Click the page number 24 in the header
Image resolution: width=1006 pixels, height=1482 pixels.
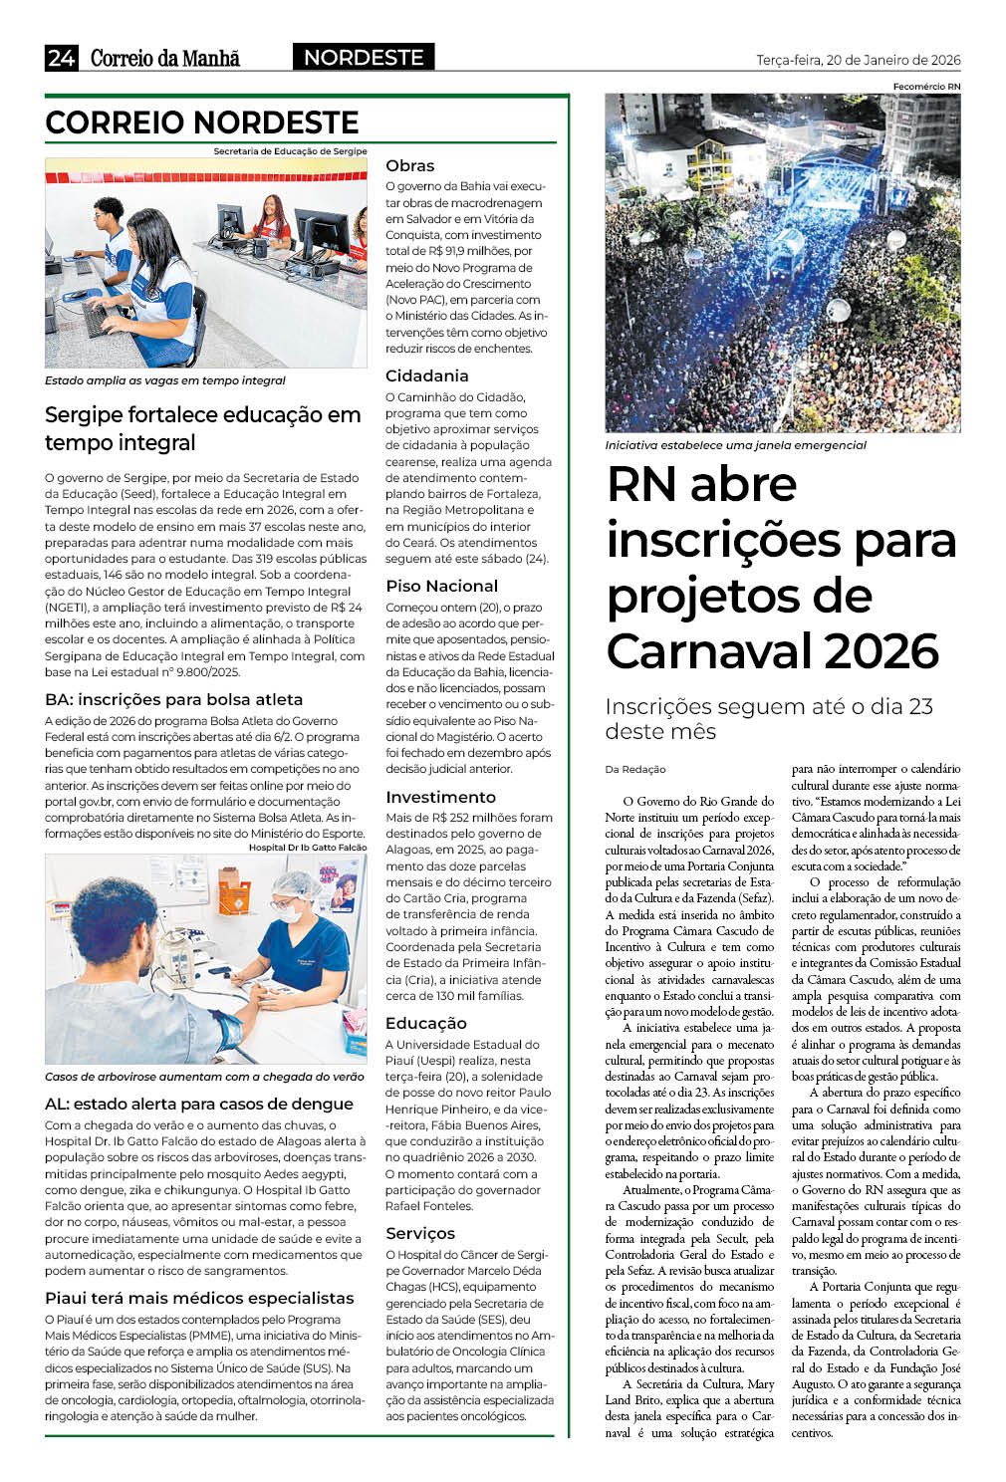[x=61, y=58]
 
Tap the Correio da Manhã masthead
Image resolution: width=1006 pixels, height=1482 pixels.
[x=165, y=58]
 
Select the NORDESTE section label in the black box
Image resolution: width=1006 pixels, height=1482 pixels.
[x=364, y=58]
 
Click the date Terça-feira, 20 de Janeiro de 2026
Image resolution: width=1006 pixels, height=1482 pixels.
[x=858, y=60]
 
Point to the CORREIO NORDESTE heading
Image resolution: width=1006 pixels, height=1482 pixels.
[x=202, y=123]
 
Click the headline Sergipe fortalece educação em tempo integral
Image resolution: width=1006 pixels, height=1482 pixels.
[x=202, y=428]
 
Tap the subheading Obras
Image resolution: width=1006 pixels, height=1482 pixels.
[x=410, y=165]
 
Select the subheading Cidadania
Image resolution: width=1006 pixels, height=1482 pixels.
[x=426, y=375]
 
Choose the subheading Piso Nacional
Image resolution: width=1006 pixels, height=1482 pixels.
[x=441, y=586]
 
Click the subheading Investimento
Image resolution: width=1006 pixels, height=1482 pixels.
[x=440, y=797]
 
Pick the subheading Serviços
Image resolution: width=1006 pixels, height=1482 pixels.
[x=420, y=1233]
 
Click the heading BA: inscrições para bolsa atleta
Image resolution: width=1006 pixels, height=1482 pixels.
[x=173, y=699]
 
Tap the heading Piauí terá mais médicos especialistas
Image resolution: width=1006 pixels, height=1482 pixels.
[x=199, y=1298]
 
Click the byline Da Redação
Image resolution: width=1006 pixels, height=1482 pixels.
[x=635, y=769]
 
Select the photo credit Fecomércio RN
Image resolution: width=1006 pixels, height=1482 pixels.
[x=926, y=87]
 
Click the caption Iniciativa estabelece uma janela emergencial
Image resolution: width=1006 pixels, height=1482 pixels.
[x=735, y=445]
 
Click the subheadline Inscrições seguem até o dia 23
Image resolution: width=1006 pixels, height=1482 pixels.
[x=768, y=706]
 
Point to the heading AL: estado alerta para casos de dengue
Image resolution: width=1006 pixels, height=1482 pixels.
[x=199, y=1104]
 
